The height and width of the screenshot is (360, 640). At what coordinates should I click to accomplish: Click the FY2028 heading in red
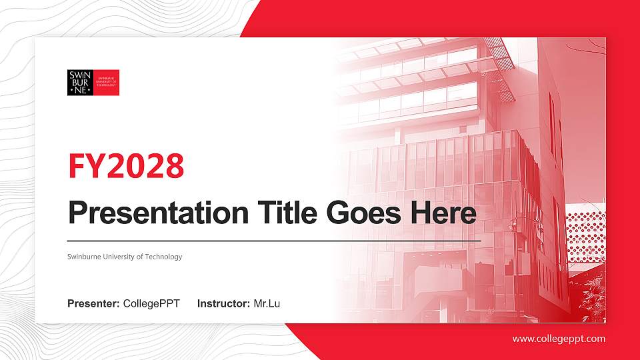[x=126, y=166]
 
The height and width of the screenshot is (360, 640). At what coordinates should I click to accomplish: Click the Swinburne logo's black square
[x=80, y=83]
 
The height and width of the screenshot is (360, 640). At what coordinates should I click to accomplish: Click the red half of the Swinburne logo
[x=107, y=83]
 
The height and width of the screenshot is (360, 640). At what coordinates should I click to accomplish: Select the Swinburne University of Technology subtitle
[x=125, y=257]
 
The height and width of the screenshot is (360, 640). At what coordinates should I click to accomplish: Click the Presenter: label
[x=93, y=304]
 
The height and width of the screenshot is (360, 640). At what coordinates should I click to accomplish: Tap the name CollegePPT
[x=151, y=304]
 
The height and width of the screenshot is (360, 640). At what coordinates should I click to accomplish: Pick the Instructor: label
[x=224, y=304]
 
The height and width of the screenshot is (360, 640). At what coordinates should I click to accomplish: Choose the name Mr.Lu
[x=267, y=304]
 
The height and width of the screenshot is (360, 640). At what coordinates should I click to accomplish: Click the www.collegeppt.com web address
[x=559, y=339]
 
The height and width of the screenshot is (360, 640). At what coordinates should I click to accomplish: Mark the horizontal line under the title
[x=273, y=240]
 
